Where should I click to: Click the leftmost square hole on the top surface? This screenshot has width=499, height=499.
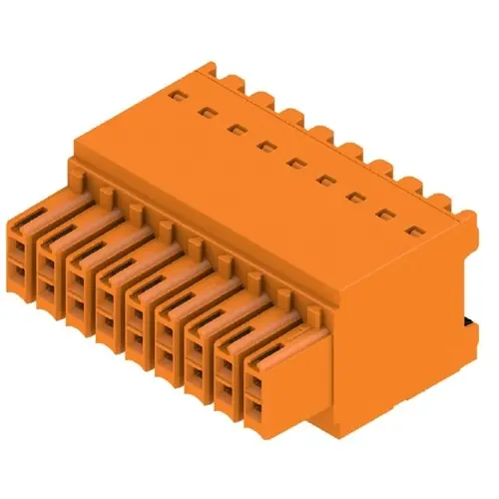[x=177, y=95]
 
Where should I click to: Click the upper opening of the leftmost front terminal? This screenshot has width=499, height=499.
[x=22, y=246]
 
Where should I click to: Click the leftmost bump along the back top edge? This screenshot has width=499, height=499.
[x=207, y=70]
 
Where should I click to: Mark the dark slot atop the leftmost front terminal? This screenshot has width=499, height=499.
[x=35, y=212]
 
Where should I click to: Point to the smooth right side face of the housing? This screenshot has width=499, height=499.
[x=399, y=329]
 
